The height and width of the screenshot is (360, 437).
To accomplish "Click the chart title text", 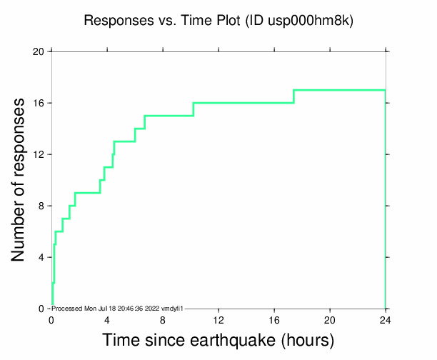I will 218,21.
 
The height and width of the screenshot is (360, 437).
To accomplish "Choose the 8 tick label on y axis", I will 41,206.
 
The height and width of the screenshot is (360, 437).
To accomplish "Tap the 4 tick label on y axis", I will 41,257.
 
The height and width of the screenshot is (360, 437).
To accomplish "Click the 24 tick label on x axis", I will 386,321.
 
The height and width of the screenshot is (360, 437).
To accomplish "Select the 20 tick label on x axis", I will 330,321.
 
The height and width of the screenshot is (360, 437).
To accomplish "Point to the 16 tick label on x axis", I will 274,321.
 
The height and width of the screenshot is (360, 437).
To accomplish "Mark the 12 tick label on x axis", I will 218,321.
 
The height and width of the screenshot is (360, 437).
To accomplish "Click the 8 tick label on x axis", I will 163,321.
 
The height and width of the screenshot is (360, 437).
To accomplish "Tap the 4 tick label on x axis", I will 107,321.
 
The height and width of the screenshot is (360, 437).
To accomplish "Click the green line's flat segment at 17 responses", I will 339,90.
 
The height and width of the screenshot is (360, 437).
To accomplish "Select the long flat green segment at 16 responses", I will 243,103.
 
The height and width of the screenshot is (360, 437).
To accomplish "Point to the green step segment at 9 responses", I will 87,193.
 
